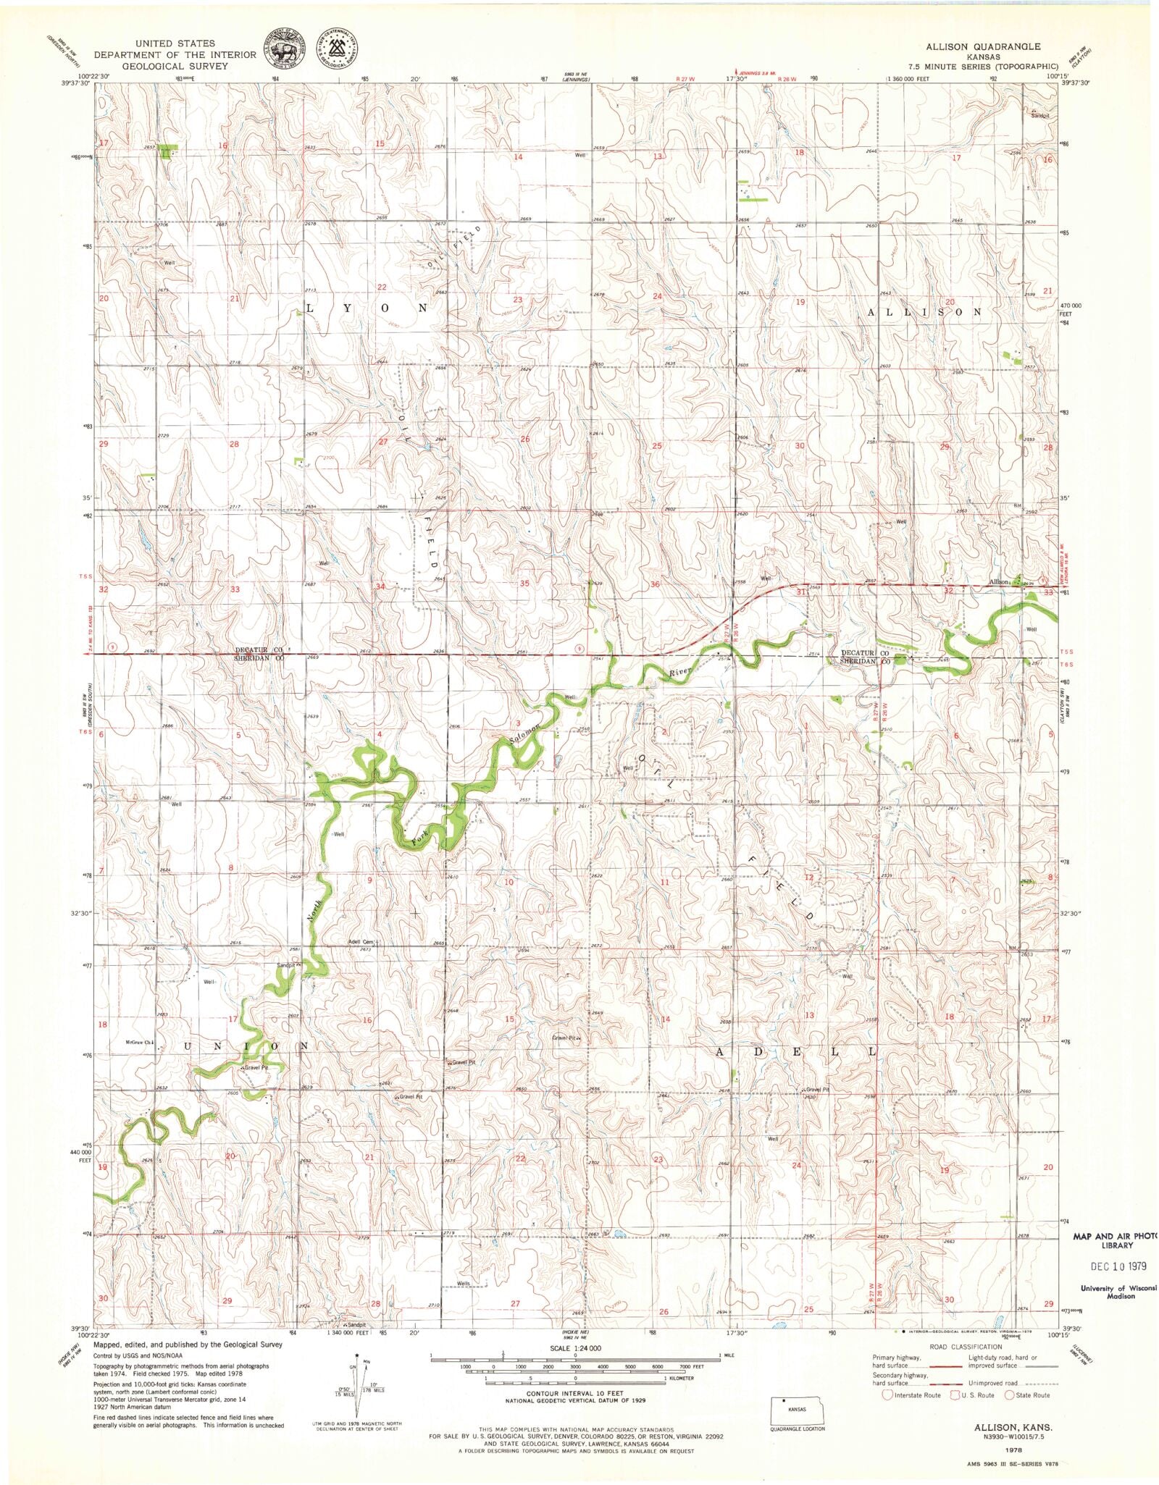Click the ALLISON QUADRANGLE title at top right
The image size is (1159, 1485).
[x=982, y=46]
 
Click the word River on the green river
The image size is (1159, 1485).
[x=681, y=673]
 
